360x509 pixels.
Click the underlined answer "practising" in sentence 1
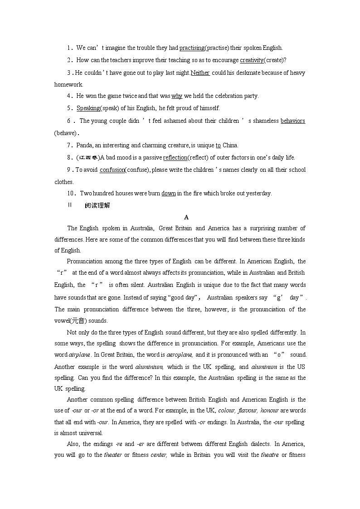click(x=192, y=48)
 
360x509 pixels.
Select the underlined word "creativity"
click(x=252, y=60)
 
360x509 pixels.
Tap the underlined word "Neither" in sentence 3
click(x=200, y=73)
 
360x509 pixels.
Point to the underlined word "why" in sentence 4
click(x=177, y=96)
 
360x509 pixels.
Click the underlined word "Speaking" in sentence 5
click(x=88, y=108)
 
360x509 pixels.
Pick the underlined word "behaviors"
click(x=293, y=121)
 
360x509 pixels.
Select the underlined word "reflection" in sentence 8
click(x=175, y=157)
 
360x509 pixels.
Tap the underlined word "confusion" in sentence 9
click(x=112, y=170)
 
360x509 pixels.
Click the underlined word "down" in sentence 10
click(x=169, y=193)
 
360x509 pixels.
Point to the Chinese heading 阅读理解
click(x=97, y=205)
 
